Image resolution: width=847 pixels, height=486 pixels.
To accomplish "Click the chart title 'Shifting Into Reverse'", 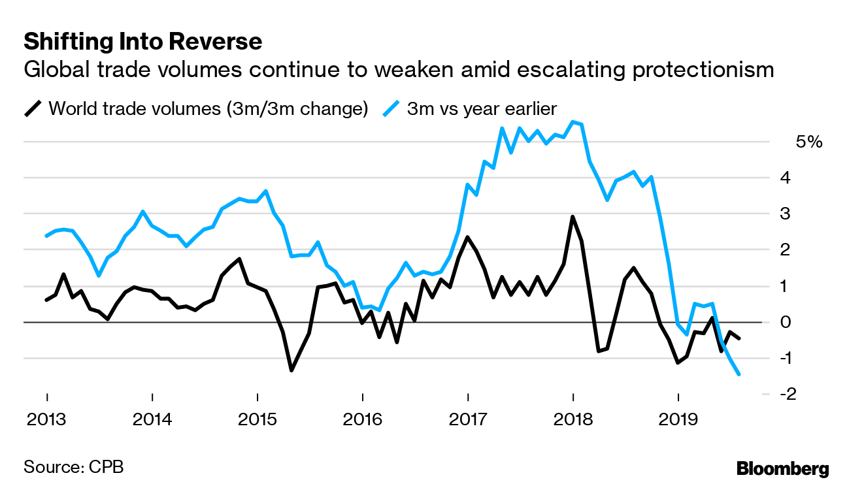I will coord(142,42).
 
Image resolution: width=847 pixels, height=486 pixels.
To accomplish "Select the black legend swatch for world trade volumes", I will coord(33,108).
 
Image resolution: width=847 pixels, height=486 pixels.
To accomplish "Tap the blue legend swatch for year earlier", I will coord(391,108).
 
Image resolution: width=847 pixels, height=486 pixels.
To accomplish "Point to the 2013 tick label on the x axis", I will coord(46,418).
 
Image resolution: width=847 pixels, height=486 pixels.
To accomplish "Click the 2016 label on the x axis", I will coord(362,418).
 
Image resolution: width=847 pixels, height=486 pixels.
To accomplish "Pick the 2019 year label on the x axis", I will coord(678,418).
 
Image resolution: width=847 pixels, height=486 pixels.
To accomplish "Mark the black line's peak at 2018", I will coord(573,217).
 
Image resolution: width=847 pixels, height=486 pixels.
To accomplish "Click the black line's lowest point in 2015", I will coord(291,370).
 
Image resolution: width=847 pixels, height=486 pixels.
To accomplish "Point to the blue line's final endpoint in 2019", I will coord(739,374).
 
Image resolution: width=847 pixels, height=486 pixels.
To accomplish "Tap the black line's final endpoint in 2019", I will coord(739,338).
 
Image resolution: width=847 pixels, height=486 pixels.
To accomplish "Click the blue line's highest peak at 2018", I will coord(573,122).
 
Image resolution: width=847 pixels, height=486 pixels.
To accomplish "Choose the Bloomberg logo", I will coord(782,468).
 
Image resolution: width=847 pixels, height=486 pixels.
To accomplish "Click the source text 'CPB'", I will coord(105,467).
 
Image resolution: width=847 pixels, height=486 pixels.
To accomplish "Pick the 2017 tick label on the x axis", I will coord(467,418).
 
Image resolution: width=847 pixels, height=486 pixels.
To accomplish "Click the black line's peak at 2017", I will coord(467,237).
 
